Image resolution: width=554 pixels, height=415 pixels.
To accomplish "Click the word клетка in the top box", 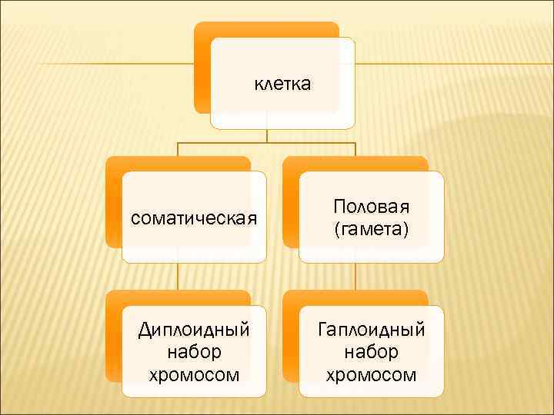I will pos(282,83).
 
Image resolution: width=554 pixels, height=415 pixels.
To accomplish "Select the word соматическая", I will pos(193,218).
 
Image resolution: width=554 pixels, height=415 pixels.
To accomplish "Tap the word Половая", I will pos(372,207).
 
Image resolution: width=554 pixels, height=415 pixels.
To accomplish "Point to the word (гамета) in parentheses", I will pos(372,229).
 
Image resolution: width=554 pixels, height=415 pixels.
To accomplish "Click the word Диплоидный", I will pos(193,330).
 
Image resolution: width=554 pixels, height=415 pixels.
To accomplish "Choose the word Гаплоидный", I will pos(372,330).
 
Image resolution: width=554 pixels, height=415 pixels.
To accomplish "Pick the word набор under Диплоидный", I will pos(193,353).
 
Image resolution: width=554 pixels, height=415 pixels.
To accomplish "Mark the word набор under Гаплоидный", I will pos(372,353).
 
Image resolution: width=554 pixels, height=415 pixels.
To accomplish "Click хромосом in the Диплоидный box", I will pos(193,375).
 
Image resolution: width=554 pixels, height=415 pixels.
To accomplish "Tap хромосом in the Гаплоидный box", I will pos(372,375).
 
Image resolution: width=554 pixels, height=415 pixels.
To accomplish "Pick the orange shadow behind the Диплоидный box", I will pos(113,338).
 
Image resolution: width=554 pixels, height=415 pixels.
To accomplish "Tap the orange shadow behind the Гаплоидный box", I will pos(290,338).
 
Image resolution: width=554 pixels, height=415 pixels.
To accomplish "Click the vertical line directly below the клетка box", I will pos(267,135).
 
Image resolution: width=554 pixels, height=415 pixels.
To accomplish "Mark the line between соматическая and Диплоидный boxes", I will pos(178,277).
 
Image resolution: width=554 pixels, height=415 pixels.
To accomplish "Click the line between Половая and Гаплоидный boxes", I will pos(355,277).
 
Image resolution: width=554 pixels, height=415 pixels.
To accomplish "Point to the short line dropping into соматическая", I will pos(178,150).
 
